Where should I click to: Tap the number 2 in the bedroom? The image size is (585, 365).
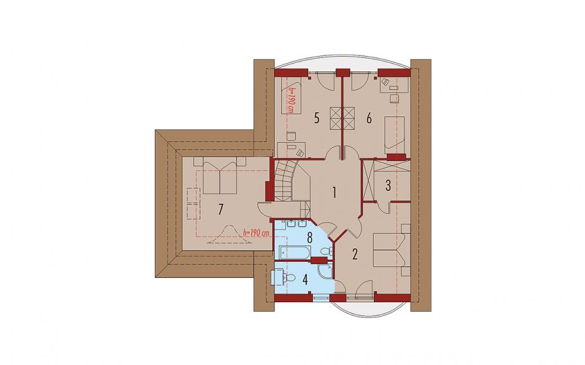coord(355,254)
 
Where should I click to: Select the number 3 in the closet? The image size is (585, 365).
coord(388,185)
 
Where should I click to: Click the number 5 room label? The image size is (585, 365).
coord(316,119)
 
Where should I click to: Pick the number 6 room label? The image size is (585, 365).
coord(369,119)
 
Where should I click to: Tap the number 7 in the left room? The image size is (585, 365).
coord(220,209)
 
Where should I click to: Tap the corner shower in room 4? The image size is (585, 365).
coord(325,272)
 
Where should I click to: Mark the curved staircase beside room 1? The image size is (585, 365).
coord(286,181)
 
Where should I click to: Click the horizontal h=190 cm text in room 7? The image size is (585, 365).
coord(256,233)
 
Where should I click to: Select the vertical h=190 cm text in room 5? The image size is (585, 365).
coord(291,100)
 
